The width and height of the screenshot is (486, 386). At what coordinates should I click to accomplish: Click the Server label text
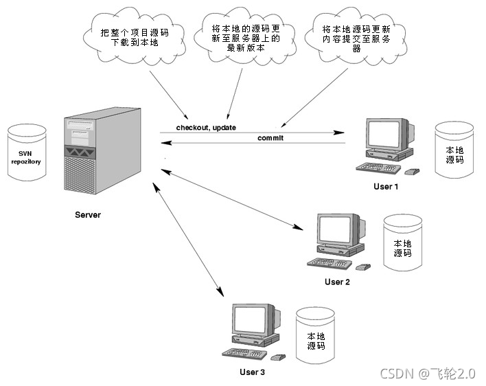click(x=88, y=215)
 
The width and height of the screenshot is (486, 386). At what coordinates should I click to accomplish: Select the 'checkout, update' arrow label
click(x=206, y=128)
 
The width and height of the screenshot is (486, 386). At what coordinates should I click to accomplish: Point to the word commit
click(x=270, y=138)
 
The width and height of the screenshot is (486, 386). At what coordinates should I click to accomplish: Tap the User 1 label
click(x=384, y=186)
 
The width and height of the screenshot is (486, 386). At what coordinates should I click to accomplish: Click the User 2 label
click(x=337, y=282)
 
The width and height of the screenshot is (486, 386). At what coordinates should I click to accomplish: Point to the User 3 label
click(x=252, y=372)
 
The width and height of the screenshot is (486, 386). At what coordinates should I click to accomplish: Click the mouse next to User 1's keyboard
click(x=413, y=171)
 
